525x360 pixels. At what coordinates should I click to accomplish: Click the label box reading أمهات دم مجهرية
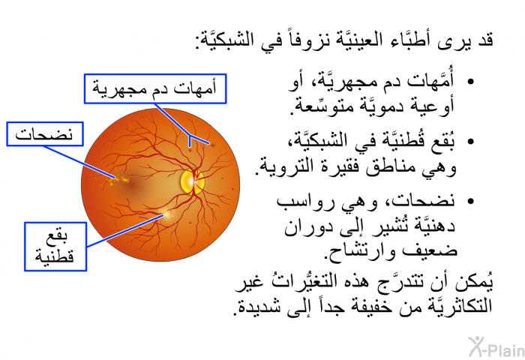tap(155, 88)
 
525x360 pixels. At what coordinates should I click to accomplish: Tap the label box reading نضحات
tap(45, 134)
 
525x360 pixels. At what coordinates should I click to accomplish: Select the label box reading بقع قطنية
tap(55, 247)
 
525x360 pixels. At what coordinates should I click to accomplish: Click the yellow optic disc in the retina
tap(192, 181)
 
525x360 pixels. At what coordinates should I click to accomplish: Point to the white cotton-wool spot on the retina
tap(166, 214)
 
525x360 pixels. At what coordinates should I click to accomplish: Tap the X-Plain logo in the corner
tap(496, 347)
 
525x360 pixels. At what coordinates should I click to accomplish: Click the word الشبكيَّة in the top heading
tap(223, 40)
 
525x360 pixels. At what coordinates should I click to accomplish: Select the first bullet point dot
tap(470, 82)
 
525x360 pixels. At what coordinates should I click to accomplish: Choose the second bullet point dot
tap(470, 141)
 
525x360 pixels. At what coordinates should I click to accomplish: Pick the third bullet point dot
tap(470, 201)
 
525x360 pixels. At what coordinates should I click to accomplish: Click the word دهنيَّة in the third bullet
tap(434, 226)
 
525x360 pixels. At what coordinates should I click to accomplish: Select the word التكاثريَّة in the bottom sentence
tap(458, 305)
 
